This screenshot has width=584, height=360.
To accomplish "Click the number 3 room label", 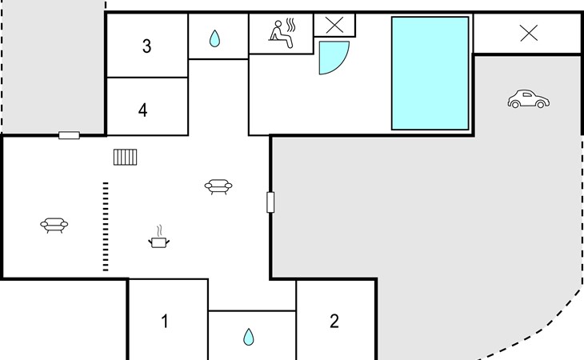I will click(x=146, y=46).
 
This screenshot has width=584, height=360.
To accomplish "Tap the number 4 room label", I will click(x=142, y=110).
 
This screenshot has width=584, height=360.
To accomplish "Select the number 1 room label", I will click(x=165, y=322).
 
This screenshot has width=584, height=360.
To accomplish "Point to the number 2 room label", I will click(x=334, y=322).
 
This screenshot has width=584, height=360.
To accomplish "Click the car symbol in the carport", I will click(x=529, y=100).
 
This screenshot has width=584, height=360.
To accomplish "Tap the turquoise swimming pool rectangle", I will click(x=430, y=73).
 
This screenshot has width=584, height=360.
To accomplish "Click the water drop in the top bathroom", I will click(x=214, y=38).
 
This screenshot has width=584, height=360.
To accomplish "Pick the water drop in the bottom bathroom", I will click(x=248, y=336).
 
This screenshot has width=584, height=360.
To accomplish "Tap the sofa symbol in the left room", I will click(x=54, y=225).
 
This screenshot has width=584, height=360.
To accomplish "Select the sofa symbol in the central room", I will click(x=218, y=187).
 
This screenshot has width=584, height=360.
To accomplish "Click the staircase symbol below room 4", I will click(x=126, y=156).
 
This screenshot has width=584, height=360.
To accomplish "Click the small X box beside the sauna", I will click(x=334, y=25).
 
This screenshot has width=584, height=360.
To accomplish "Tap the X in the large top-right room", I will click(x=529, y=33).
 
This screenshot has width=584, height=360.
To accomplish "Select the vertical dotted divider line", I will click(x=105, y=226).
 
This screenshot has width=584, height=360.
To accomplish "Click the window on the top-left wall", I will click(x=69, y=135).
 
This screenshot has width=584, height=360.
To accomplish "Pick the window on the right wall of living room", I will click(x=270, y=202).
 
